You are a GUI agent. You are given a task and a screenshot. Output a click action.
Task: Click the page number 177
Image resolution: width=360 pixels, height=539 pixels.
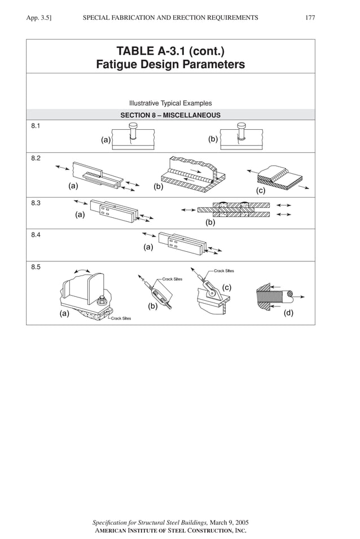310,18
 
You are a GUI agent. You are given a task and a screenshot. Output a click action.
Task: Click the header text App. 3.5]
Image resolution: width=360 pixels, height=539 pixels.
39,18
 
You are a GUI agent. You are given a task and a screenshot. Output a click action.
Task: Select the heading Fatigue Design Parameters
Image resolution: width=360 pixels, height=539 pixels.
170,65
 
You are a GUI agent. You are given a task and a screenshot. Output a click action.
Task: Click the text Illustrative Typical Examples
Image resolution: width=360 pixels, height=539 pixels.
170,103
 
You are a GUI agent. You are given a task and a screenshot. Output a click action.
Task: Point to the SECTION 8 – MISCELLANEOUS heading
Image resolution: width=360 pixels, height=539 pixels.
170,115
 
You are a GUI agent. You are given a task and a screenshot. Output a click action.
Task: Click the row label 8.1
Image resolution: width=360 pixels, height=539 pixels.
36,126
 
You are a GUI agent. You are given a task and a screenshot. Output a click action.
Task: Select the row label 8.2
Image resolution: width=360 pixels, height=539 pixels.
36,159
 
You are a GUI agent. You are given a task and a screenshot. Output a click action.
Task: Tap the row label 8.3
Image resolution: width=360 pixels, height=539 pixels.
36,203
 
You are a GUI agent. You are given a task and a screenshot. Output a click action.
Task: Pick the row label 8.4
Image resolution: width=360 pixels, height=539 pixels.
36,235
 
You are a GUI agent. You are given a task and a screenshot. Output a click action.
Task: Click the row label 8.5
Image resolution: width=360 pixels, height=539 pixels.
36,267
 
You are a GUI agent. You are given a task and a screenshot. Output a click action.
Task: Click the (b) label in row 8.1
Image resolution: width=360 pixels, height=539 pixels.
213,139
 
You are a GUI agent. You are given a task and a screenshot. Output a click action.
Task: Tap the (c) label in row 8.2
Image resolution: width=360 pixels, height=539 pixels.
261,191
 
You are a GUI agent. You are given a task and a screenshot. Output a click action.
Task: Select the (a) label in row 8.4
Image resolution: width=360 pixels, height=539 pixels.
148,247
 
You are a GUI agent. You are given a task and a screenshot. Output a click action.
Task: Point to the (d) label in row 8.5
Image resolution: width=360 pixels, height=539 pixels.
288,313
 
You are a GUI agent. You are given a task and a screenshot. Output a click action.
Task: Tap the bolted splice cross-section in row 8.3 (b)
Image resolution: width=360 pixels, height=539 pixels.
233,209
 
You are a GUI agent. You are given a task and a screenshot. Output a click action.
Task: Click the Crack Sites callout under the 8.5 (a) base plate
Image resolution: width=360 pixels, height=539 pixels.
121,319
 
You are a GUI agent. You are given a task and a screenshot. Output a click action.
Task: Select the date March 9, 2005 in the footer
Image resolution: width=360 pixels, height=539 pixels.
229,523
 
